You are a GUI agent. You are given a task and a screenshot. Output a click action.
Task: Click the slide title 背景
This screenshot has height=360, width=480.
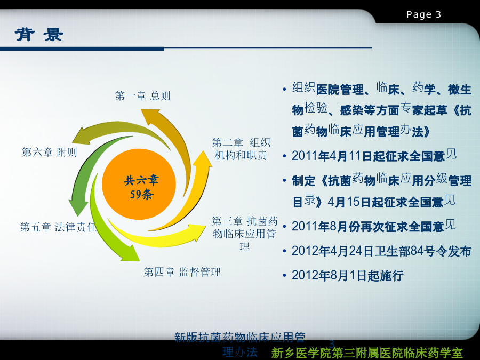(39, 34)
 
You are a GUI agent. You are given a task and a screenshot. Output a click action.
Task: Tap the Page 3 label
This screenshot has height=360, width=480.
(423, 14)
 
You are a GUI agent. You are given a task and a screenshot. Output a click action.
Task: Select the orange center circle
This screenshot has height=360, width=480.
(139, 185)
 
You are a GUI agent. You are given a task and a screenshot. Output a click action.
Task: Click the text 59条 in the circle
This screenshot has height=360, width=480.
(141, 194)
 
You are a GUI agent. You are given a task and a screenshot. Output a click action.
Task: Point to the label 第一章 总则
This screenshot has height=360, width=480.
(142, 96)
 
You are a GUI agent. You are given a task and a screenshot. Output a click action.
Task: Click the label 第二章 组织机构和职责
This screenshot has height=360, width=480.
(241, 149)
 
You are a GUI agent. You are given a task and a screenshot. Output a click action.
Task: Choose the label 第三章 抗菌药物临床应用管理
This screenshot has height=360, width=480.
(245, 234)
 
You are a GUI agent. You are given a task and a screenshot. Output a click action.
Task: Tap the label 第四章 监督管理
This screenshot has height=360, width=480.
(182, 272)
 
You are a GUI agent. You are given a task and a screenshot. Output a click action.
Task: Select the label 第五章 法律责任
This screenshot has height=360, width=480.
(58, 227)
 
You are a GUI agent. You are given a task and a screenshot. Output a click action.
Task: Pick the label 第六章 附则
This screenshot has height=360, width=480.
(49, 152)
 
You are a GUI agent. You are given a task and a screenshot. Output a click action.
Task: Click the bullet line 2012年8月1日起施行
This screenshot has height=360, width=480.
(347, 276)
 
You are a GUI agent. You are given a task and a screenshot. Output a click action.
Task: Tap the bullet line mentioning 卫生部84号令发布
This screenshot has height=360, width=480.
(381, 251)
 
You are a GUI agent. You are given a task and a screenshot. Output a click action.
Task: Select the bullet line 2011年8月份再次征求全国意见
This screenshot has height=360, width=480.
(374, 226)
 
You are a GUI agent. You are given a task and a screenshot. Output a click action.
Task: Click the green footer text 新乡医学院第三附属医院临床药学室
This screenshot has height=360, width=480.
(367, 353)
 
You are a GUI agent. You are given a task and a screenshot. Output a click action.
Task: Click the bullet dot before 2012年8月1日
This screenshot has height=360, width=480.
(284, 276)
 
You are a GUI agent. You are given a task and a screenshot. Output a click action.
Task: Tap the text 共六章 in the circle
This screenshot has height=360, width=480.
(141, 180)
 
